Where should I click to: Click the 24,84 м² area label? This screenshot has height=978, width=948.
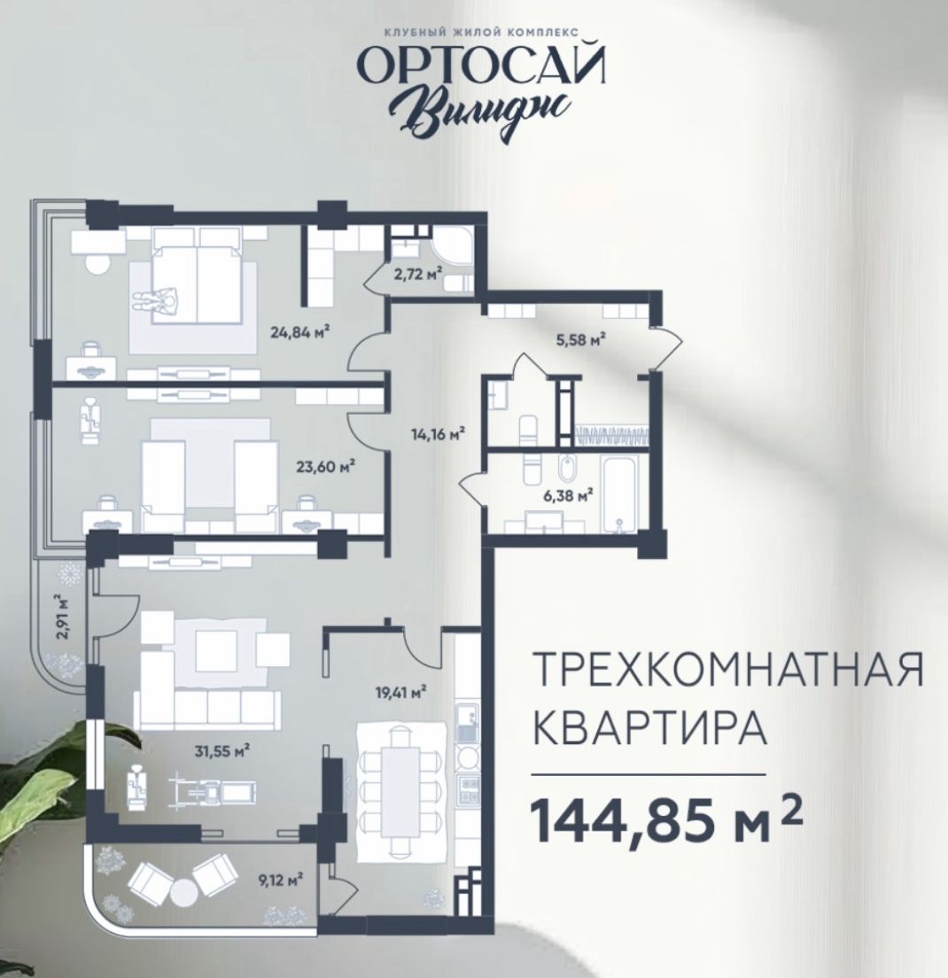click(x=300, y=333)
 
